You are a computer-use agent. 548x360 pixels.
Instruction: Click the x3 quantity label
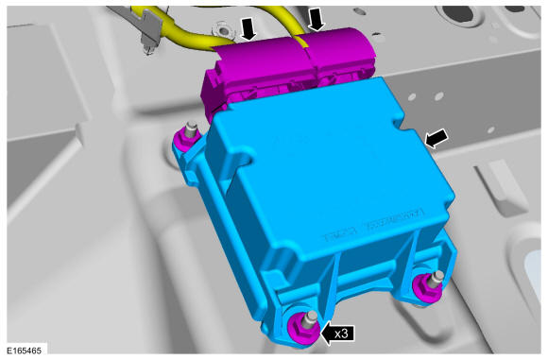tap(341, 334)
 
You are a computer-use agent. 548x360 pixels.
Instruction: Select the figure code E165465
tap(25, 351)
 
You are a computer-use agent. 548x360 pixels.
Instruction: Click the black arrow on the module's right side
tap(436, 138)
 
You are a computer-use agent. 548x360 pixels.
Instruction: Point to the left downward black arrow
tap(249, 28)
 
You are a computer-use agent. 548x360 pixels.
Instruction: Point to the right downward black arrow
tap(317, 19)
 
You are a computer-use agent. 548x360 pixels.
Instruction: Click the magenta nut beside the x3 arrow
tap(302, 327)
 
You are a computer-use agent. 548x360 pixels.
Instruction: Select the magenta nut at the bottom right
tap(427, 287)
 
